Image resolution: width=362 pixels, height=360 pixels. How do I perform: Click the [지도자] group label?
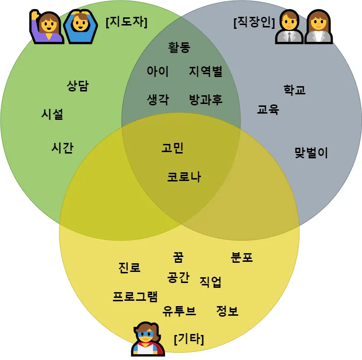pos(126,22)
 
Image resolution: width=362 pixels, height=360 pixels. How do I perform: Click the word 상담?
pos(78,86)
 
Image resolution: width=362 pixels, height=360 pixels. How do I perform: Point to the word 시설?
pos(52,114)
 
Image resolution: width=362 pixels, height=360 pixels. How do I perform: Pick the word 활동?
pos(179,47)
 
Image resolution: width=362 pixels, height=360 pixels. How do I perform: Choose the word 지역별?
pos(206,72)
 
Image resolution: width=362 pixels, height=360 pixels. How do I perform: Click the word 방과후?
pos(206,100)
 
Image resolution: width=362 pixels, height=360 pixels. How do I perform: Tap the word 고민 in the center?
pos(172,148)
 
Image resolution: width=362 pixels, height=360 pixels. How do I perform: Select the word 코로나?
pos(184,177)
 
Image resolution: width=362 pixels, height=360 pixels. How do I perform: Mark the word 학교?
pos(295,90)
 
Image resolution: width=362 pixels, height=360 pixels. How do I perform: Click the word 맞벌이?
pos(311,153)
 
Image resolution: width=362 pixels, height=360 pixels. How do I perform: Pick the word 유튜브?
pos(179,311)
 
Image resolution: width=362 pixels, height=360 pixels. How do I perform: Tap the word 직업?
pos(210,282)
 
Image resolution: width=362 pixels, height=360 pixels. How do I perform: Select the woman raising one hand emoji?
pos(46,26)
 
